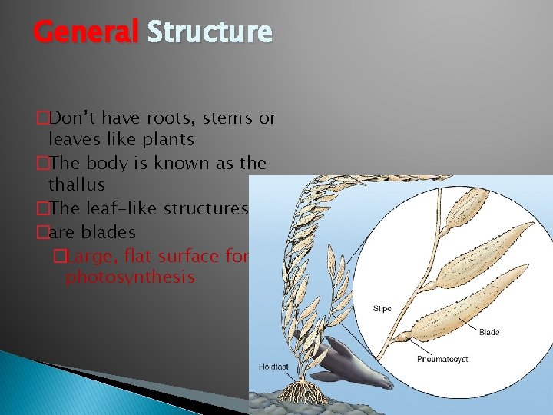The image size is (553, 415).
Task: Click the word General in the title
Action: pos(84,32)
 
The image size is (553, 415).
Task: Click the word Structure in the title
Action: pos(209,32)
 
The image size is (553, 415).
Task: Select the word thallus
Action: pos(76,184)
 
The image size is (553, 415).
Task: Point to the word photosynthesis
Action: pos(130,277)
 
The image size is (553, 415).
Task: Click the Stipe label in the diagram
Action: pos(382,308)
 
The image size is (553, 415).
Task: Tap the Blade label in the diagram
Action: pos(488,332)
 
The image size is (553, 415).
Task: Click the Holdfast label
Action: pos(273,367)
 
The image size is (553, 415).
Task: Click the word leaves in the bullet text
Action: pos(70,140)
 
